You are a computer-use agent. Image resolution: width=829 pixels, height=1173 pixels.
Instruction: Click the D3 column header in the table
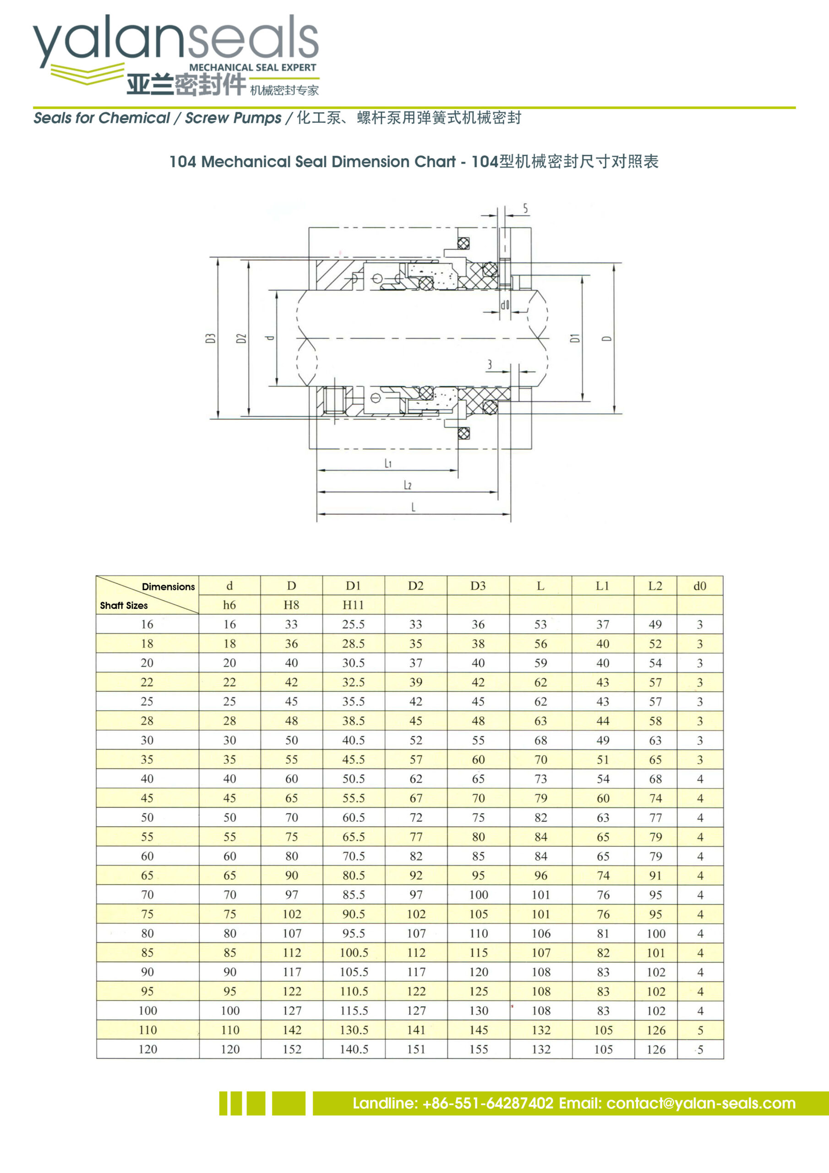[478, 586]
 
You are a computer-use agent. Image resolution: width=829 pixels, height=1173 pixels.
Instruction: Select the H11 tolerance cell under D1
[353, 605]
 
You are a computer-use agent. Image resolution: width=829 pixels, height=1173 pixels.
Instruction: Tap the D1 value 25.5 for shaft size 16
[353, 625]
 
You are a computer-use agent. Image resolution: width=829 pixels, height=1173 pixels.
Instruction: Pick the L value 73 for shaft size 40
[540, 779]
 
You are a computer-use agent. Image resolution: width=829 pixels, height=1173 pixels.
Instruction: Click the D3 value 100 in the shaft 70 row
[478, 894]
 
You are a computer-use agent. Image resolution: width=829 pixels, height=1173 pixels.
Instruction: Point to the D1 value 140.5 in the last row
[354, 1049]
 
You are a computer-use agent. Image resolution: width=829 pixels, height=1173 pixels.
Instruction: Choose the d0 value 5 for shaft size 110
[700, 1030]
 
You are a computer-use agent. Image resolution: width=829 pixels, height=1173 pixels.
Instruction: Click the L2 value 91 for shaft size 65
[655, 876]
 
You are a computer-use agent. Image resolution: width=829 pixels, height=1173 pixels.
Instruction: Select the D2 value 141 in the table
[416, 1030]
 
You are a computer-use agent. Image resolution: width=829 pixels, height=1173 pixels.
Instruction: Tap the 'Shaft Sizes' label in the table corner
[124, 605]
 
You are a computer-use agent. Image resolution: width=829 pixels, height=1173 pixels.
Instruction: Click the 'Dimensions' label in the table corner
[168, 587]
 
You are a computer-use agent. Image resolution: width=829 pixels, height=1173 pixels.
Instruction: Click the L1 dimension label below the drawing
[388, 463]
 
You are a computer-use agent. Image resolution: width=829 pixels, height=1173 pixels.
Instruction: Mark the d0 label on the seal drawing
[505, 305]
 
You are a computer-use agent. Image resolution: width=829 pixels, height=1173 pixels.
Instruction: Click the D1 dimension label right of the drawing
[575, 338]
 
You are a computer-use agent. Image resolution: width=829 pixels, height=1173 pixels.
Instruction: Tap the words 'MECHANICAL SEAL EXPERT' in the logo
[252, 67]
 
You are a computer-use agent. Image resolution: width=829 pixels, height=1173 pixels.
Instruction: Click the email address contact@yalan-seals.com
[701, 1103]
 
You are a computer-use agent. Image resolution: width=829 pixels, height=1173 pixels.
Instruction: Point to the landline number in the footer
[488, 1103]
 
